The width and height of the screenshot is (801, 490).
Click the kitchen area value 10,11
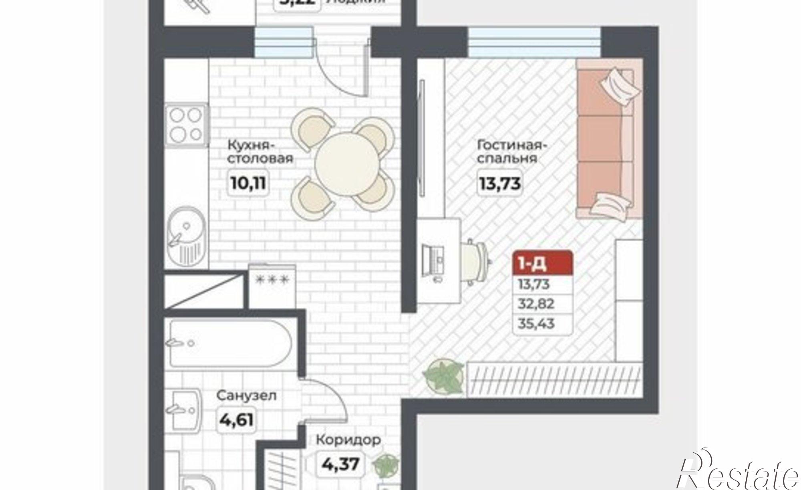[248, 183]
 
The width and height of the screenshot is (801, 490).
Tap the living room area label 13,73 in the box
[500, 183]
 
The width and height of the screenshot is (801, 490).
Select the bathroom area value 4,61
[236, 420]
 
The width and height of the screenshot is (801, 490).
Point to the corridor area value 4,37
[340, 465]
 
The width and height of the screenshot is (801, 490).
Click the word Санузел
[246, 396]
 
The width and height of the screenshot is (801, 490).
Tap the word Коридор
[348, 440]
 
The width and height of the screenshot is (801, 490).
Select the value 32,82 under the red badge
[536, 304]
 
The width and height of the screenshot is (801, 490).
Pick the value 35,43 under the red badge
[536, 323]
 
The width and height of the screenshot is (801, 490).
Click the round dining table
[347, 164]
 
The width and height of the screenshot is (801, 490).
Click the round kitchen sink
[185, 236]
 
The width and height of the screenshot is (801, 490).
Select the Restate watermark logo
[737, 473]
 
